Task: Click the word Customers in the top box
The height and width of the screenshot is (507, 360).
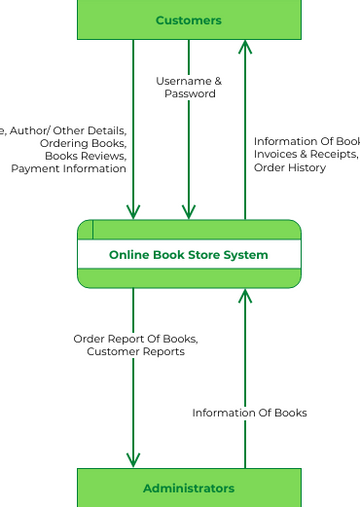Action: tap(188, 20)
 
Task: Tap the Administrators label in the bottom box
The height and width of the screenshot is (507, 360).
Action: tap(188, 488)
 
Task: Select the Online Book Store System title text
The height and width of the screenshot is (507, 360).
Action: tap(188, 255)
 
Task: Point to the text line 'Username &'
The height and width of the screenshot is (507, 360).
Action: tap(189, 81)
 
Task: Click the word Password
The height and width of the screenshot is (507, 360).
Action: tap(190, 94)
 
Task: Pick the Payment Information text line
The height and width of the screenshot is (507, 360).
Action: tap(69, 169)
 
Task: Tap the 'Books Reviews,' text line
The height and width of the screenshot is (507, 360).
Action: tap(85, 156)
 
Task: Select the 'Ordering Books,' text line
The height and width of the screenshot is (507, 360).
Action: tap(83, 143)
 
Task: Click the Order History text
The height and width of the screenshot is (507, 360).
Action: tap(289, 168)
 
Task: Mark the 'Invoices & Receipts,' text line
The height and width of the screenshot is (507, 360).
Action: tap(305, 155)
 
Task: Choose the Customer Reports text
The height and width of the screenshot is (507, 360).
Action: tap(135, 352)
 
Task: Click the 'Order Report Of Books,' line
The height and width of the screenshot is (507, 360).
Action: tap(135, 339)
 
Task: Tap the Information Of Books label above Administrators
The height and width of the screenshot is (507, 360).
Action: tap(249, 413)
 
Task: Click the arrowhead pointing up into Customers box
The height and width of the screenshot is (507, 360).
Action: tap(245, 46)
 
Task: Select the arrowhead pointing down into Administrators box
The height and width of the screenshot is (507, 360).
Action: tap(133, 461)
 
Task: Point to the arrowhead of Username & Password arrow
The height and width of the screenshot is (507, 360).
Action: tap(189, 213)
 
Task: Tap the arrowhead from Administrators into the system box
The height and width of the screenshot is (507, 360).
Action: tap(245, 295)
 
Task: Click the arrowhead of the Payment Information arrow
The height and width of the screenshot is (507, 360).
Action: tap(133, 213)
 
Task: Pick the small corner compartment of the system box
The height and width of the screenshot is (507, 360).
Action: tap(85, 230)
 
